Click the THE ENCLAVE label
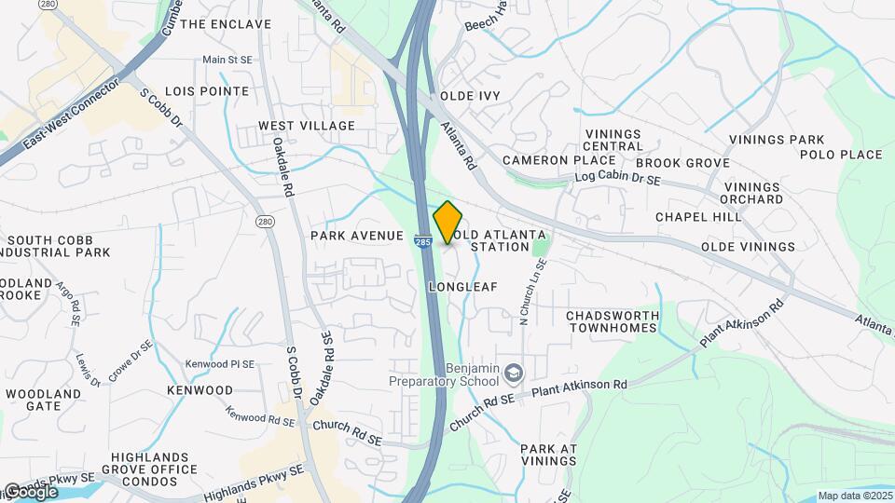point(226,24)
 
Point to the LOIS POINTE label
point(207,91)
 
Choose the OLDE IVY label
point(471,96)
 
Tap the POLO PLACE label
point(841,155)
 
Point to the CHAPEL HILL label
point(698,217)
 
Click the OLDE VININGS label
point(748,247)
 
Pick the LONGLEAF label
point(463,287)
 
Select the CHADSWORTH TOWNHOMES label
point(613,322)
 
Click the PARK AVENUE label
point(357,237)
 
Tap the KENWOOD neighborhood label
point(200,389)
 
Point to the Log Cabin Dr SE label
point(618,176)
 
